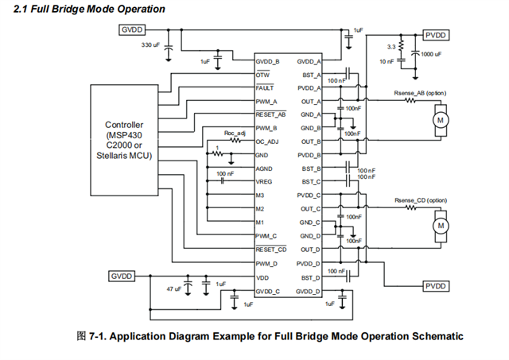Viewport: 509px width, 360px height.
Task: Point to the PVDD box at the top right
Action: click(x=436, y=35)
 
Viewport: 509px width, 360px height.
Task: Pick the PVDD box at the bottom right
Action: click(x=436, y=285)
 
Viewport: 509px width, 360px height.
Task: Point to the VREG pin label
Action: click(x=264, y=181)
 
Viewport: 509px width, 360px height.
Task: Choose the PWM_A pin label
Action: click(x=266, y=101)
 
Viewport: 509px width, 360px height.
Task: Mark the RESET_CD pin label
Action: click(x=270, y=250)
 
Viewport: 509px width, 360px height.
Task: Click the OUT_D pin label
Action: click(x=309, y=250)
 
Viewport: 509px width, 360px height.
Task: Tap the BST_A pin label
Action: click(x=311, y=74)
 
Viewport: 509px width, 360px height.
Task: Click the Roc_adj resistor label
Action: click(x=234, y=133)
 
